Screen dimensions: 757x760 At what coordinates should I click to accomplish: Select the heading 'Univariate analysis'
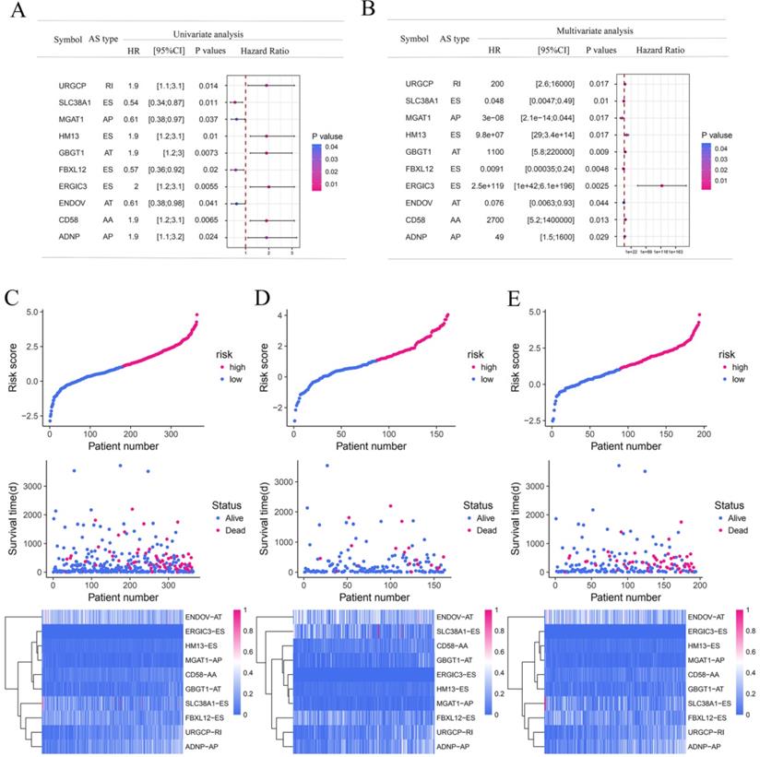coord(188,33)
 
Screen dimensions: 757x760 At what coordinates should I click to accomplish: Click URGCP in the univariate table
coord(68,85)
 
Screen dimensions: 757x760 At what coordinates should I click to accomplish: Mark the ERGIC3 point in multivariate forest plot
coord(661,185)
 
